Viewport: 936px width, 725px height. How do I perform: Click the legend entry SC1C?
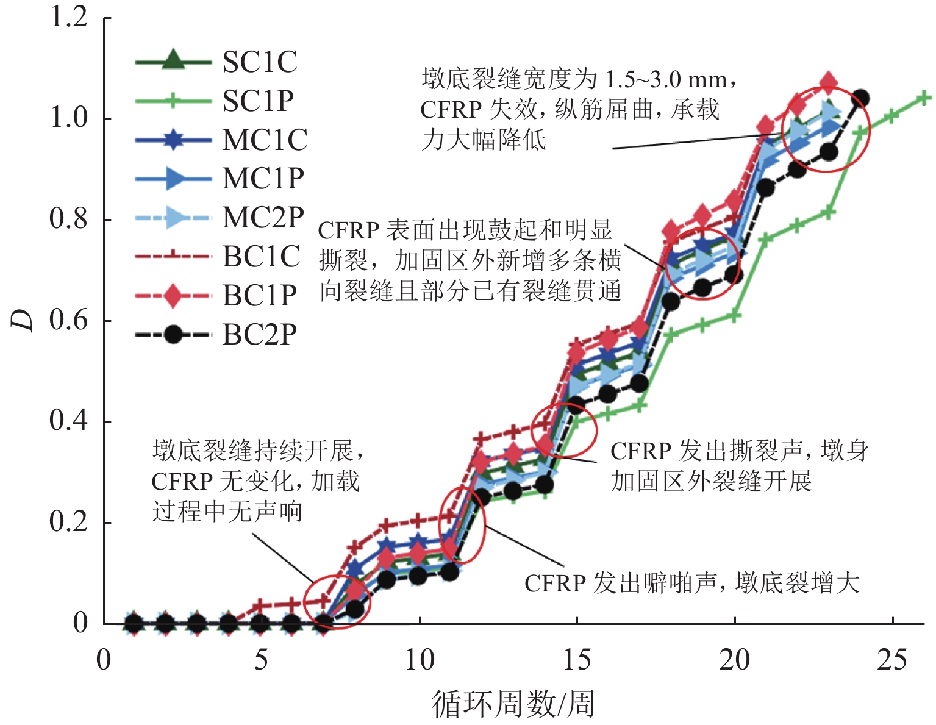pyautogui.click(x=259, y=62)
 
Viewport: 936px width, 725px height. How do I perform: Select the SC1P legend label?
pyautogui.click(x=258, y=101)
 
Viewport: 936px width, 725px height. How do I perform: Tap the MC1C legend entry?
pyautogui.click(x=265, y=140)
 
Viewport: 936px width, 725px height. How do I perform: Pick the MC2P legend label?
pyautogui.click(x=263, y=218)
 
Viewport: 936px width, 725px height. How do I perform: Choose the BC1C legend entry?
pyautogui.click(x=261, y=257)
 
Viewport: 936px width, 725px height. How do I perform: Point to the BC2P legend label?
pyautogui.click(x=259, y=335)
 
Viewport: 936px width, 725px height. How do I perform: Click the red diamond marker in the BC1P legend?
pyautogui.click(x=173, y=296)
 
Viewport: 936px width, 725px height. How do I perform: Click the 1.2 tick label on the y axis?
pyautogui.click(x=69, y=17)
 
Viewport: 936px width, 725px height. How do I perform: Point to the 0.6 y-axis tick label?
pyautogui.click(x=69, y=320)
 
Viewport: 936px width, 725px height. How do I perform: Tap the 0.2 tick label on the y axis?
pyautogui.click(x=69, y=523)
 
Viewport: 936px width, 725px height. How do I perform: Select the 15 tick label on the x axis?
pyautogui.click(x=577, y=660)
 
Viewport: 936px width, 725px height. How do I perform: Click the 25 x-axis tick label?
pyautogui.click(x=892, y=660)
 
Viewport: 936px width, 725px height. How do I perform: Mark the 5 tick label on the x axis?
pyautogui.click(x=261, y=660)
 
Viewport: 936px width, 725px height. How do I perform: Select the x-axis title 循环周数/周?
pyautogui.click(x=513, y=704)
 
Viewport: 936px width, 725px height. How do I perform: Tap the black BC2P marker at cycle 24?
pyautogui.click(x=861, y=98)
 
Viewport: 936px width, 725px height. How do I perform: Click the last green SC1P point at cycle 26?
pyautogui.click(x=924, y=98)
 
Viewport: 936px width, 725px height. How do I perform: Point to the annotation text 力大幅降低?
pyautogui.click(x=484, y=140)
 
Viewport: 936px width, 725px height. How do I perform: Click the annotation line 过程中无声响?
pyautogui.click(x=227, y=510)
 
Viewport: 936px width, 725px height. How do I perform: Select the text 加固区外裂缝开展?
pyautogui.click(x=711, y=481)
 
